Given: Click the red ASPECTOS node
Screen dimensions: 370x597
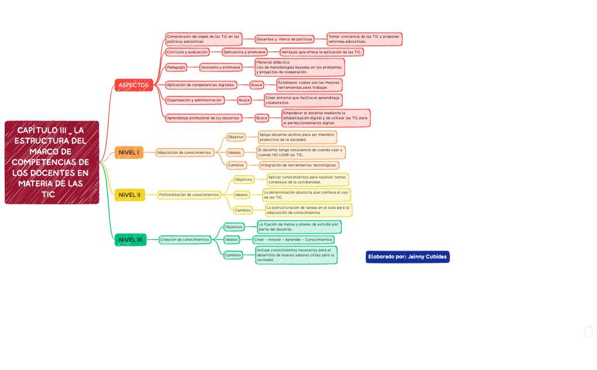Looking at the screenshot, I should [x=133, y=85].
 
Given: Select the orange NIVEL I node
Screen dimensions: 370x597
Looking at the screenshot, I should [x=129, y=153].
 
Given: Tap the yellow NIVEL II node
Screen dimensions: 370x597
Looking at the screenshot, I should [x=129, y=194].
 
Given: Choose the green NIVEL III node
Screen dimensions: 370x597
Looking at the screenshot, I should [x=130, y=239].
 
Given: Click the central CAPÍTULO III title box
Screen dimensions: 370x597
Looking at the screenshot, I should [x=52, y=162].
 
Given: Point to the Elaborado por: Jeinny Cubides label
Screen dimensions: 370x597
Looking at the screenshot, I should [x=407, y=256].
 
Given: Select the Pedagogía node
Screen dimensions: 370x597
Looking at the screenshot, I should [x=176, y=67].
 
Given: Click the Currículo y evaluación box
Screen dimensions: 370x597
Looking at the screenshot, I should [x=187, y=52].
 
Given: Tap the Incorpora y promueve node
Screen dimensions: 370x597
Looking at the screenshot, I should [x=221, y=67].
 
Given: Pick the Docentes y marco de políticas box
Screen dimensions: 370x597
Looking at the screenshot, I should [x=284, y=39].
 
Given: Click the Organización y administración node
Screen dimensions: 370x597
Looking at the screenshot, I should [x=194, y=100].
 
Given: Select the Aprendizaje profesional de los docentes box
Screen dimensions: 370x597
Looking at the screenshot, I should [x=203, y=118].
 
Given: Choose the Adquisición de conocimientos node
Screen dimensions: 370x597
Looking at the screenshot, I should [x=184, y=153].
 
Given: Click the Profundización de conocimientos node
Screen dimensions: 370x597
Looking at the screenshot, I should [x=189, y=194].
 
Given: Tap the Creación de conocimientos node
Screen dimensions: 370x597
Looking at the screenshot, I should [x=185, y=239].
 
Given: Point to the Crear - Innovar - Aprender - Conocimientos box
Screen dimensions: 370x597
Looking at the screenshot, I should [x=293, y=239].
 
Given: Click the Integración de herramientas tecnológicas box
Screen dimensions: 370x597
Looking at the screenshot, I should [x=299, y=165].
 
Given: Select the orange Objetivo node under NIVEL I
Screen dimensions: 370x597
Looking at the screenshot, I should [x=236, y=137].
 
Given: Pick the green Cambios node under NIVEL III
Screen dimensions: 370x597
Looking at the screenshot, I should [x=234, y=255].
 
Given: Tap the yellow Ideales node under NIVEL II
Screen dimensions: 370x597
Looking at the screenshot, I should [x=241, y=194].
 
